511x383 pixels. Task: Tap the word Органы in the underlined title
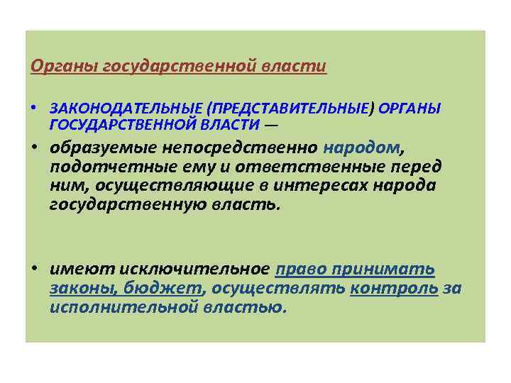click(x=55, y=67)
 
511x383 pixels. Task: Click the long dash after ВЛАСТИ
click(x=272, y=126)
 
